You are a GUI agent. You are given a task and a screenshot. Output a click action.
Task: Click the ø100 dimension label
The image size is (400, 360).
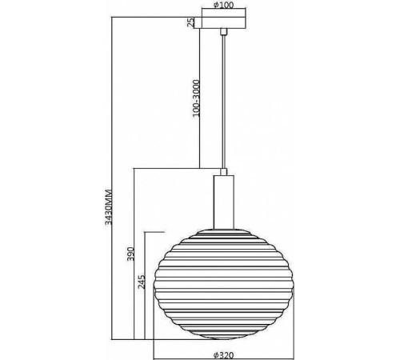tap(223, 5)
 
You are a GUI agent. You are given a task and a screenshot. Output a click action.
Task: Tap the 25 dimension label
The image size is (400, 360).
tap(190, 22)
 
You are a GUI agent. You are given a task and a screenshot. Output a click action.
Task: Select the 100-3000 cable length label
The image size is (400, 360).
tap(196, 98)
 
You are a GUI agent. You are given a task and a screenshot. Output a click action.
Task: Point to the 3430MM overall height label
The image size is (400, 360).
tap(109, 207)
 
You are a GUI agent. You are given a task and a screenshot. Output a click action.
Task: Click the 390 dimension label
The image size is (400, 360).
tap(130, 254)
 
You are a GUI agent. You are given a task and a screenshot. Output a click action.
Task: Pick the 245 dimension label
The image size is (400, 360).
tap(142, 282)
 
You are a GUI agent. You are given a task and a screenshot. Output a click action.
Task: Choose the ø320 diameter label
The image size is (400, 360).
tap(224, 355)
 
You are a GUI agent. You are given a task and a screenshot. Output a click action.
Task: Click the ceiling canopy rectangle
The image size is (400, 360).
tap(224, 22)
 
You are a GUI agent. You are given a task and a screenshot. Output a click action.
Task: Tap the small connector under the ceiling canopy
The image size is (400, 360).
tap(224, 31)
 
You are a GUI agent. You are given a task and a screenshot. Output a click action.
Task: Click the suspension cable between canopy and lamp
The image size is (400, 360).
tap(224, 102)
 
